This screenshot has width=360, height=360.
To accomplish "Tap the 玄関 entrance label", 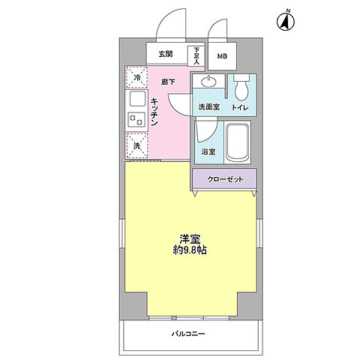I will pyautogui.click(x=166, y=54).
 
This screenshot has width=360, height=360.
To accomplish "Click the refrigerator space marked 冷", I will pyautogui.click(x=136, y=77).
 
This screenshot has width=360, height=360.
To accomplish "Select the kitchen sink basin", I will pyautogui.click(x=136, y=99).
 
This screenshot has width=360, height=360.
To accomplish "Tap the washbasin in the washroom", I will pyautogui.click(x=208, y=83).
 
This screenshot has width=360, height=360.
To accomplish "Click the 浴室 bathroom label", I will pyautogui.click(x=208, y=152).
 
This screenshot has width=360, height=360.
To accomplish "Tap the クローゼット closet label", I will pyautogui.click(x=223, y=178).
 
